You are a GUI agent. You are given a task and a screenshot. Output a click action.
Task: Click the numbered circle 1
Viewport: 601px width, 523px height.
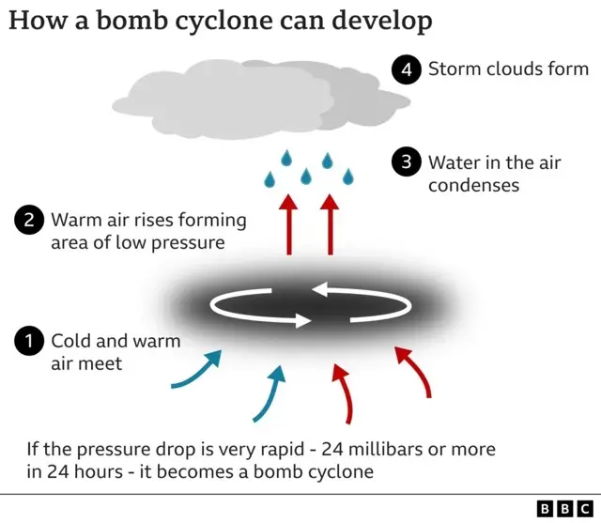(x=29, y=341)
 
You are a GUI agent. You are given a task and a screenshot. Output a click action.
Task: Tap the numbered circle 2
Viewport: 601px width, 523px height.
(x=29, y=220)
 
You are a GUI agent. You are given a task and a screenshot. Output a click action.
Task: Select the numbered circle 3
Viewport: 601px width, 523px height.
(x=407, y=162)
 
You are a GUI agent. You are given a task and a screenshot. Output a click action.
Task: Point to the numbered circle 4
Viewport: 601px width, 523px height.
(x=407, y=69)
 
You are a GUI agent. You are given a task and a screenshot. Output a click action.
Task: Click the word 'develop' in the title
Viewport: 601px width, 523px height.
(x=382, y=22)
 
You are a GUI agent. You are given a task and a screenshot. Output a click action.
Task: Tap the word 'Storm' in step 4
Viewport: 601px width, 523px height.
(x=455, y=69)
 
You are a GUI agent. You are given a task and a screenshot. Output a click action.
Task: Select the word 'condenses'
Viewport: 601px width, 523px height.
(x=473, y=186)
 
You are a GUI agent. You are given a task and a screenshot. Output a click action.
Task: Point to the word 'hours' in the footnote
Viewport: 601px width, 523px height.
(x=99, y=471)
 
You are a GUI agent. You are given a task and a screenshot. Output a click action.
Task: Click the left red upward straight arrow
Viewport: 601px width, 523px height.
(x=289, y=224)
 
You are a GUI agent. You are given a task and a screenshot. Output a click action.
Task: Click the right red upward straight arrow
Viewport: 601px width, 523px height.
(x=330, y=224)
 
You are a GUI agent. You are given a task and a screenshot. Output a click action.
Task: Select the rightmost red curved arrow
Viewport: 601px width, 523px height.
(x=416, y=369)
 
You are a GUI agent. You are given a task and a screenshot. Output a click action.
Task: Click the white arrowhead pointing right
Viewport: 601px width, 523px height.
(x=303, y=320)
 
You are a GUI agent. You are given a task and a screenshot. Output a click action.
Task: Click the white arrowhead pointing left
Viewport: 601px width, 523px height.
(x=319, y=289)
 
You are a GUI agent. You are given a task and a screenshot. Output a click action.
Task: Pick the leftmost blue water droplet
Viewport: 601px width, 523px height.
(x=270, y=179)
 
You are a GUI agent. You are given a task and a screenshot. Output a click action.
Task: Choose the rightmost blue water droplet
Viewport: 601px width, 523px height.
(x=348, y=177)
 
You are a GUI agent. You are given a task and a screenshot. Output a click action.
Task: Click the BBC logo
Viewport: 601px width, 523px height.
(x=565, y=509)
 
